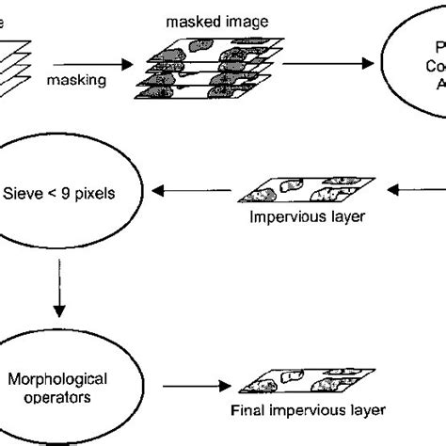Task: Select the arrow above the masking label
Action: (84, 65)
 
